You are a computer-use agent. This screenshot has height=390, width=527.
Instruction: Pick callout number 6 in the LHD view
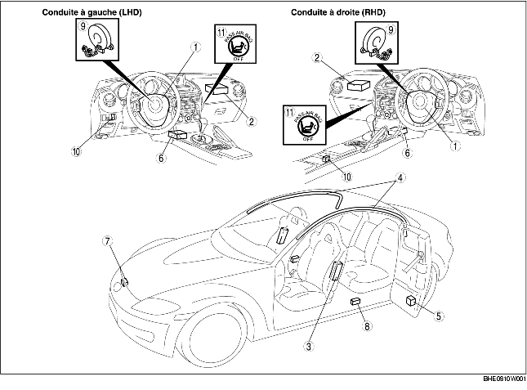(x=161, y=158)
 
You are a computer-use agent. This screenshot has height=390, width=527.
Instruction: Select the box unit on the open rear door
(x=410, y=302)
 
